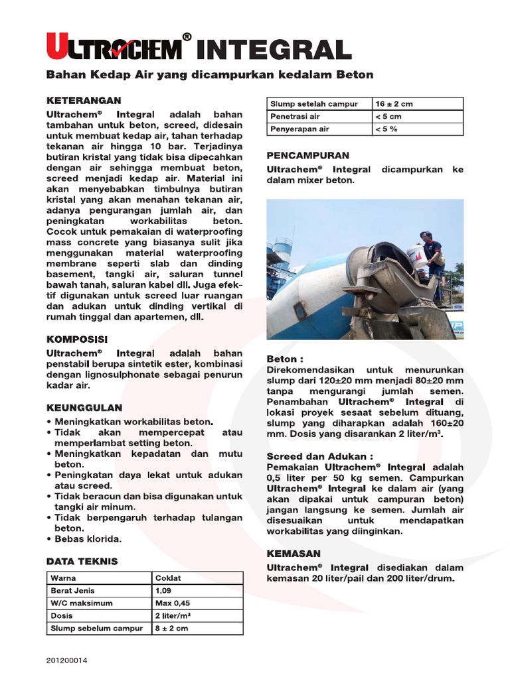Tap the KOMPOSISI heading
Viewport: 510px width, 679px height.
[x=76, y=339]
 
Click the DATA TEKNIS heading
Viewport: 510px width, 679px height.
[x=82, y=561]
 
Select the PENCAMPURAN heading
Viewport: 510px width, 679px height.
[x=307, y=155]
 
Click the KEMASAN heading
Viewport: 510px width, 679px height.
[x=294, y=553]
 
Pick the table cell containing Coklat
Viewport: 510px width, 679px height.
[x=197, y=578]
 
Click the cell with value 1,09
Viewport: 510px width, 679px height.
[x=197, y=590]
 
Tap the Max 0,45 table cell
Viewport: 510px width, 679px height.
[x=197, y=603]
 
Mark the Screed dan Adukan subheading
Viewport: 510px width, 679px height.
[x=319, y=456]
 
